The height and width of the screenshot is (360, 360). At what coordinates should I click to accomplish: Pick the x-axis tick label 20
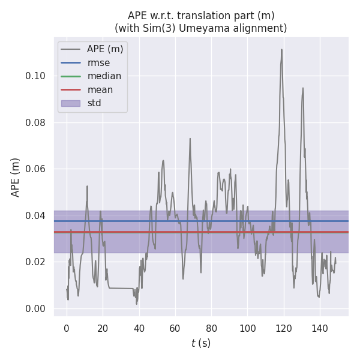103,328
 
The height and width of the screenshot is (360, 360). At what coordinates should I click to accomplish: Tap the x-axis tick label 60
175,328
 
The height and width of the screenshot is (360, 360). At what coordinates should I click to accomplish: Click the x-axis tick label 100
247,328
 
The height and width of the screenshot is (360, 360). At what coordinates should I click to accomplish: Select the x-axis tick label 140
320,328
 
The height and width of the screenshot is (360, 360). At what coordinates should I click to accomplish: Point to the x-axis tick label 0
67,328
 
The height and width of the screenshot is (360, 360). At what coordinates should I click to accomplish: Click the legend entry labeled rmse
98,62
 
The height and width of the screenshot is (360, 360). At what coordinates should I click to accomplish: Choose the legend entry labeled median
104,76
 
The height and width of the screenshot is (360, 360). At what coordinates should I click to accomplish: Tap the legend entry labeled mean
100,89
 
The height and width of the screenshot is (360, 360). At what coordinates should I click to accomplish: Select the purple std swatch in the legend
71,103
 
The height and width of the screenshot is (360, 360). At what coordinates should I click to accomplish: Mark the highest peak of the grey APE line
281,49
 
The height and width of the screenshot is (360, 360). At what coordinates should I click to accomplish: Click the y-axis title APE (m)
16,177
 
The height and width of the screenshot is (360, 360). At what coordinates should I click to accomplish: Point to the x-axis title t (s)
201,343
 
